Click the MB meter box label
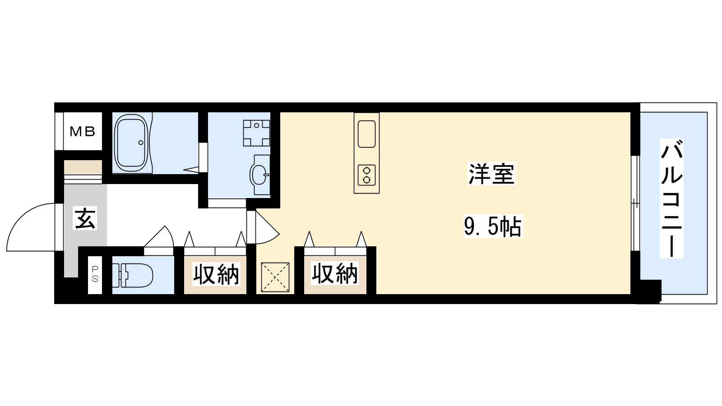(x=83, y=131)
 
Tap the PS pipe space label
(x=95, y=274)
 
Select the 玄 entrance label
(x=85, y=218)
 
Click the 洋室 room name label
(x=491, y=174)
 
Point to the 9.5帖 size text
(x=493, y=226)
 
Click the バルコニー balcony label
(x=671, y=198)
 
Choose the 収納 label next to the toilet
(x=216, y=274)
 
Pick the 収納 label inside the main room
(x=334, y=273)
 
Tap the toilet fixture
(x=133, y=275)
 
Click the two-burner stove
(x=366, y=175)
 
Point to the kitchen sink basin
(x=366, y=134)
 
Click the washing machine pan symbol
(x=256, y=133)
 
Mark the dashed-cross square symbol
(x=275, y=277)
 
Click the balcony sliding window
(x=635, y=203)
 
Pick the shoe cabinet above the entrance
(x=83, y=167)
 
